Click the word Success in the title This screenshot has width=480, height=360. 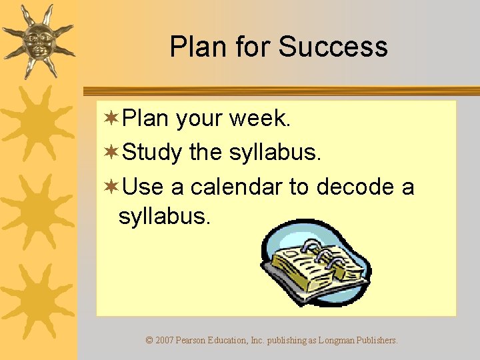click(x=333, y=47)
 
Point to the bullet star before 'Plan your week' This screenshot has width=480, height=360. click(x=111, y=119)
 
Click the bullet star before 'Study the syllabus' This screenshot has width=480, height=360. click(x=111, y=153)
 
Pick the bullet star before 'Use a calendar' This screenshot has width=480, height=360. click(x=111, y=187)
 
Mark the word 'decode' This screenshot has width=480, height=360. click(x=356, y=187)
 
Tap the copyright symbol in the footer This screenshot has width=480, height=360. click(x=149, y=340)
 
